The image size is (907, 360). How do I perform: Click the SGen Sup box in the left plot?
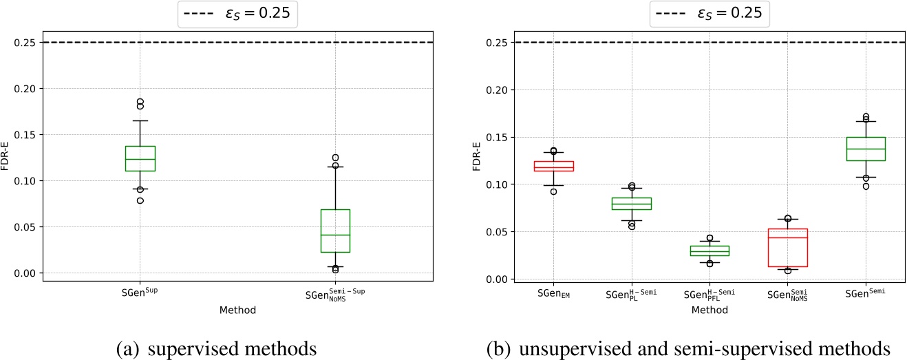point(140,158)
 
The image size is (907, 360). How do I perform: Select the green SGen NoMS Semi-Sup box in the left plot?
point(335,231)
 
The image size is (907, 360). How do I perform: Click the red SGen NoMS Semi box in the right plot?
point(787,247)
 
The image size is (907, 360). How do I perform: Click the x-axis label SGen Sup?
point(140,293)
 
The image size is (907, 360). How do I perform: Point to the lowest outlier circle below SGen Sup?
point(140,200)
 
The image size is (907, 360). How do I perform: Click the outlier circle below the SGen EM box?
point(553,191)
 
